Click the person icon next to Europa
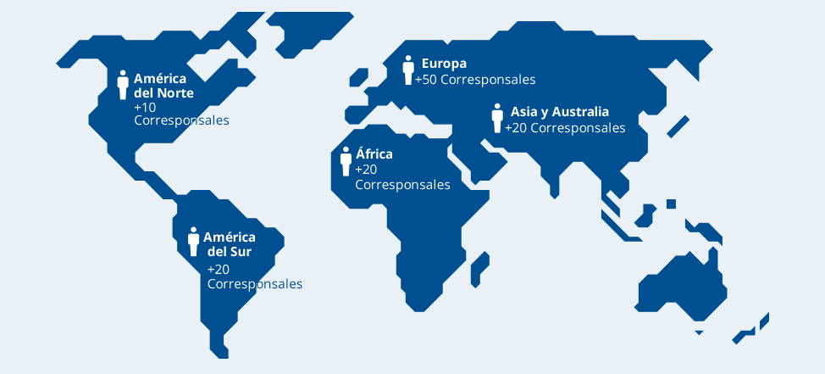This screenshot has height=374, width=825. click(x=408, y=70)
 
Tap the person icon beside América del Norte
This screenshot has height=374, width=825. click(x=123, y=85)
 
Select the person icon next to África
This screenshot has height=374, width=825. click(x=346, y=161)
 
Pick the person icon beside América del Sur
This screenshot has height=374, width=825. click(x=193, y=242)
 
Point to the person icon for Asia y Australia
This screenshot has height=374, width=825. click(x=497, y=118)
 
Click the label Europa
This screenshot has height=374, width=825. click(x=444, y=64)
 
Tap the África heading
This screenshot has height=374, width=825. click(x=374, y=154)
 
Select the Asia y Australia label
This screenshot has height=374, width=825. click(x=559, y=112)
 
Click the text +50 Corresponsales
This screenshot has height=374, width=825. click(x=475, y=80)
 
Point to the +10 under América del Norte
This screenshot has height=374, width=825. click(x=145, y=108)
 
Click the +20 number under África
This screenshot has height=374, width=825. click(x=366, y=170)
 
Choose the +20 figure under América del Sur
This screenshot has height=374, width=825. click(x=219, y=269)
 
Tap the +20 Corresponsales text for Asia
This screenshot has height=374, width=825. click(x=565, y=128)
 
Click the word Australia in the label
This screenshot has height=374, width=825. click(x=581, y=112)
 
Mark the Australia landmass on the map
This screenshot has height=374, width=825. click(x=683, y=284)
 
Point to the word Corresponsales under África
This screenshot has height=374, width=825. click(x=402, y=185)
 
